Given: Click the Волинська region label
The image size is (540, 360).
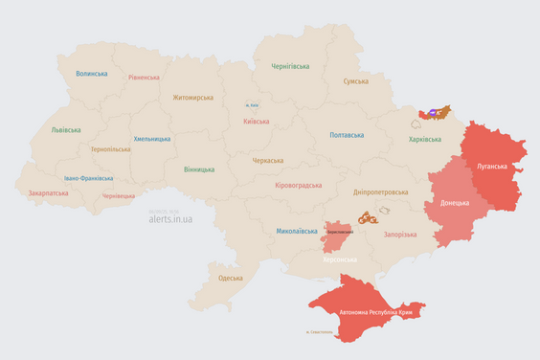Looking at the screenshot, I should (92, 73).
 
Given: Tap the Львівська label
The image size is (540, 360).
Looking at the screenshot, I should (66, 129).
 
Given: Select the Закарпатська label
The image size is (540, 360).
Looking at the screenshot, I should (49, 192).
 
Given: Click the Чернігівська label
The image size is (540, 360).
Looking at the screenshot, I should (290, 66).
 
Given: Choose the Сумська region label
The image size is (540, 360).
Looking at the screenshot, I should (356, 81).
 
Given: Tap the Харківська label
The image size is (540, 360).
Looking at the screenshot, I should (425, 139).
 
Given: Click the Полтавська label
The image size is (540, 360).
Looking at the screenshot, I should (347, 135).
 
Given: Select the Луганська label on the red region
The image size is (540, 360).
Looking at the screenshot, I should (494, 166).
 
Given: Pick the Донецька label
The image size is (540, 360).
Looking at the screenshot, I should (455, 204).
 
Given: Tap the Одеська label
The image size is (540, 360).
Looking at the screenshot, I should (231, 278).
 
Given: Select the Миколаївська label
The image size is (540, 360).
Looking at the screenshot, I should (297, 231).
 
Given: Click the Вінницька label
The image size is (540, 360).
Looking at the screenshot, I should (199, 169).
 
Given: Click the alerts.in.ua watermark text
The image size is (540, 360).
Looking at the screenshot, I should (170, 219).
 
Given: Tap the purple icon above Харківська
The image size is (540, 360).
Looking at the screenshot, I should (434, 113).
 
